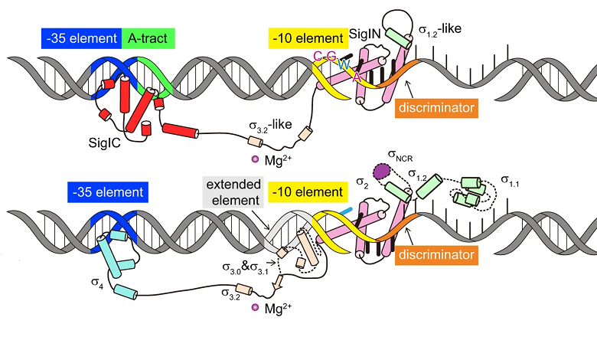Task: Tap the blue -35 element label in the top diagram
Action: (x=80, y=37)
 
